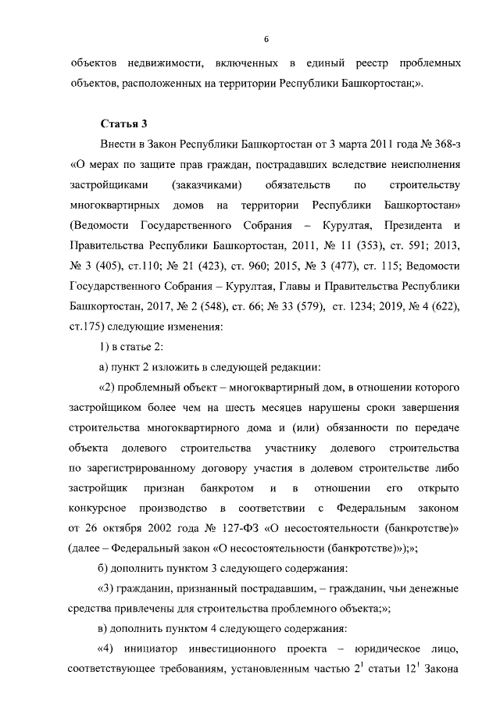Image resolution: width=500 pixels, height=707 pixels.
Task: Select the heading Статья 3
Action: [123, 124]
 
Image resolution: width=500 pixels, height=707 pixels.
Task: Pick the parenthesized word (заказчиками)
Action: [206, 185]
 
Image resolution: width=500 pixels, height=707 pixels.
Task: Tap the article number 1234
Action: [354, 307]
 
